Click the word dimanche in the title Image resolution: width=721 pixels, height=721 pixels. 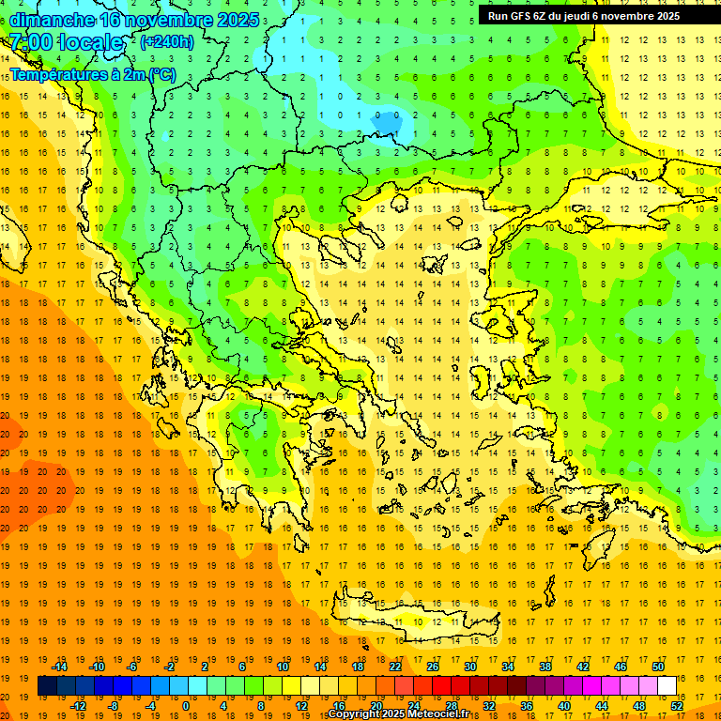(x=52, y=20)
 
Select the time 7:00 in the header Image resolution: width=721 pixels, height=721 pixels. (x=31, y=42)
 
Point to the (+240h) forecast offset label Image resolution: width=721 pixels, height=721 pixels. (x=167, y=41)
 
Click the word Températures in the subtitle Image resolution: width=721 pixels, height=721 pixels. (x=55, y=74)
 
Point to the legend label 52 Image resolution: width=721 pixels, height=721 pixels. (x=677, y=706)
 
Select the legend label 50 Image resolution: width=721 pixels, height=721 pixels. (x=657, y=667)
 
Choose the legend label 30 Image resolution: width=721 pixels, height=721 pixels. (x=469, y=667)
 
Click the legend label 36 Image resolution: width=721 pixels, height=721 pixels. (x=527, y=706)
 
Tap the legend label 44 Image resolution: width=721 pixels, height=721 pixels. (x=602, y=706)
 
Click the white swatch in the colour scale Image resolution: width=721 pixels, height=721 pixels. (x=667, y=686)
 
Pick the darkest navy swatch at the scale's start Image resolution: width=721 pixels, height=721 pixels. (x=47, y=686)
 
